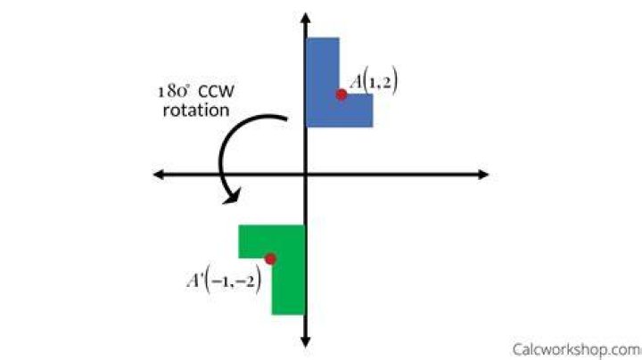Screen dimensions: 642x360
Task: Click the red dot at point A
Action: (341, 94)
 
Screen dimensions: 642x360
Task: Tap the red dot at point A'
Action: (270, 259)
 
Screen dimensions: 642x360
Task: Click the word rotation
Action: (196, 110)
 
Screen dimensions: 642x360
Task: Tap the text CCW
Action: (216, 91)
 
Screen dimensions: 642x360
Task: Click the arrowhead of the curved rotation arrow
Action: (232, 196)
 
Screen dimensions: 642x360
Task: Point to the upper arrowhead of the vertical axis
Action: (306, 18)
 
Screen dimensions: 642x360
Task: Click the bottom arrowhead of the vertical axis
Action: (306, 341)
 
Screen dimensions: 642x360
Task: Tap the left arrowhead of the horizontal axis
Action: (159, 175)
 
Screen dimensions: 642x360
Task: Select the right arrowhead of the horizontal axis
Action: (483, 175)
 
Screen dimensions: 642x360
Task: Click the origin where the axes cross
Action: (306, 175)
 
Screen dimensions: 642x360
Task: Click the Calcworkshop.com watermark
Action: (577, 350)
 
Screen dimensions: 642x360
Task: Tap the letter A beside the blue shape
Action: (356, 82)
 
